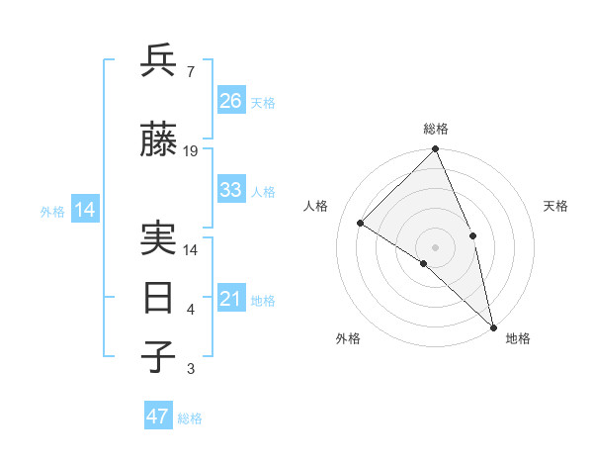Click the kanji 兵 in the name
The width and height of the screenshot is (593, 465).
coord(159,62)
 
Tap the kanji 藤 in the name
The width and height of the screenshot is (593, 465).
coord(159,141)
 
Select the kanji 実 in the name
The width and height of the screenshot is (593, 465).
coord(159,240)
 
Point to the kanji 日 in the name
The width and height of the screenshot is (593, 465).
coord(159,298)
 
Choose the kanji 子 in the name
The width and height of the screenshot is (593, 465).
coord(159,356)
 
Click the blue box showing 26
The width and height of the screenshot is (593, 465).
coord(230,101)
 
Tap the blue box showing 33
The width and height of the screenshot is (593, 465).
coord(230,190)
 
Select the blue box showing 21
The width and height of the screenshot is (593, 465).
coord(230,299)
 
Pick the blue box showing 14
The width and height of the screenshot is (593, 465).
coord(84,210)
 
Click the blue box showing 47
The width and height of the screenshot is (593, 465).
coord(158,417)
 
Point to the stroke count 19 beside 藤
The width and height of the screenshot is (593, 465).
coord(191,151)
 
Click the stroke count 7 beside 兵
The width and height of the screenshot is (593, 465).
coord(190,71)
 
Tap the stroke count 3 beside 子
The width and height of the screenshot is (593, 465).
coord(190,369)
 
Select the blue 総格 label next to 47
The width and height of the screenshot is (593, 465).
coord(190,418)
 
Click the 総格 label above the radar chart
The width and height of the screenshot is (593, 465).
coord(435,129)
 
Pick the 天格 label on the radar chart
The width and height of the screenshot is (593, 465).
coord(555,206)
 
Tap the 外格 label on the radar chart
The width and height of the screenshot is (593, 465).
coord(348,338)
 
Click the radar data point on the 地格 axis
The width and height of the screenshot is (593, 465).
coord(493,325)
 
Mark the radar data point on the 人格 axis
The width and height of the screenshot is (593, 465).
coord(361,223)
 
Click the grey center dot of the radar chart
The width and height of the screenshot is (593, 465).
coord(435,246)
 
